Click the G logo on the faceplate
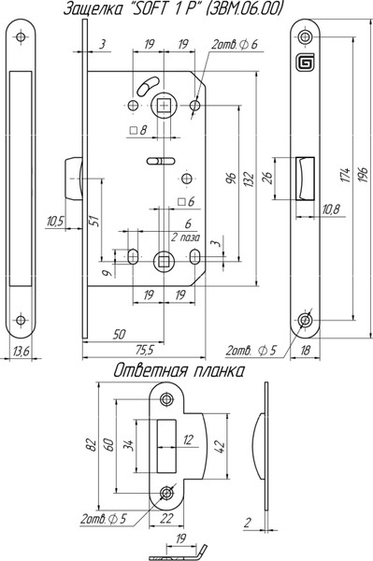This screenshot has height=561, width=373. pyautogui.click(x=305, y=63)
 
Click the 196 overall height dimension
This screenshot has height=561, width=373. pyautogui.click(x=364, y=174)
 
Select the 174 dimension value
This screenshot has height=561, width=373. pyautogui.click(x=346, y=175)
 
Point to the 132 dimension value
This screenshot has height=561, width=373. pyautogui.click(x=249, y=179)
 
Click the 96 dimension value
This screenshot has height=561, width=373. pyautogui.click(x=232, y=179)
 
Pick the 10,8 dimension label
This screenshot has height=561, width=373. pyautogui.click(x=330, y=209)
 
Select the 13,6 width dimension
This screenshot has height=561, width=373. pyautogui.click(x=21, y=352)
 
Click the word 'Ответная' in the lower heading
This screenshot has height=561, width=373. pyautogui.click(x=151, y=371)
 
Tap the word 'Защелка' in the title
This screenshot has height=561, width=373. pyautogui.click(x=92, y=9)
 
